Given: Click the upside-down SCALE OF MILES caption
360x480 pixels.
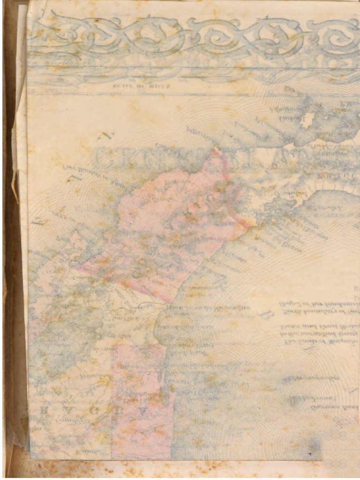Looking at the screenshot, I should point(142,86).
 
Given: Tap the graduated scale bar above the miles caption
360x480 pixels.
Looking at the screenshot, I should point(141,78).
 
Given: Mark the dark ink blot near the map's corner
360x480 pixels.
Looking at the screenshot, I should point(310,454).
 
